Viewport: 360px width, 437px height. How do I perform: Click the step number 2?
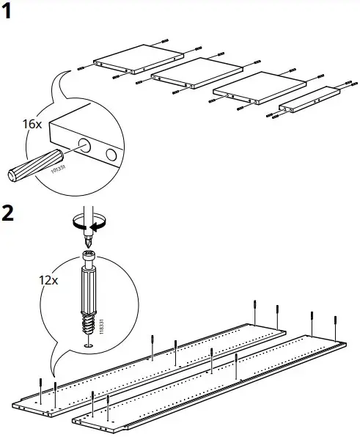8,214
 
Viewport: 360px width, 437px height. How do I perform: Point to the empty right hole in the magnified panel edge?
111,155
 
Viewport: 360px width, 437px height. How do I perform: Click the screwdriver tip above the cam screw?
89,238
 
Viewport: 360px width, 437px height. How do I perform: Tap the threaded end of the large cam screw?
88,323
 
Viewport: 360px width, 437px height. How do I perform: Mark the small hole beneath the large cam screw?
88,345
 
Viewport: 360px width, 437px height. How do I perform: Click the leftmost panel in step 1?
139,61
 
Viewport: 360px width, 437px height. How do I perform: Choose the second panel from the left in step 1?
196,76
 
